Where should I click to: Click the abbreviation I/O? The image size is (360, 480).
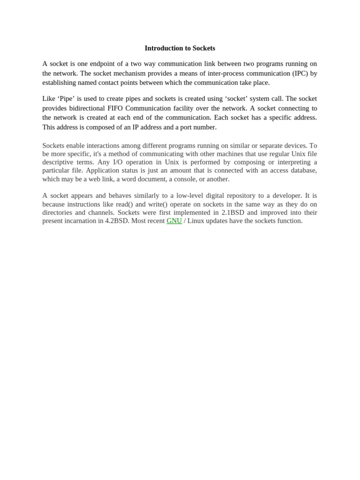coord(120,162)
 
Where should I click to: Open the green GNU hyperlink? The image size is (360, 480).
coord(174,221)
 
